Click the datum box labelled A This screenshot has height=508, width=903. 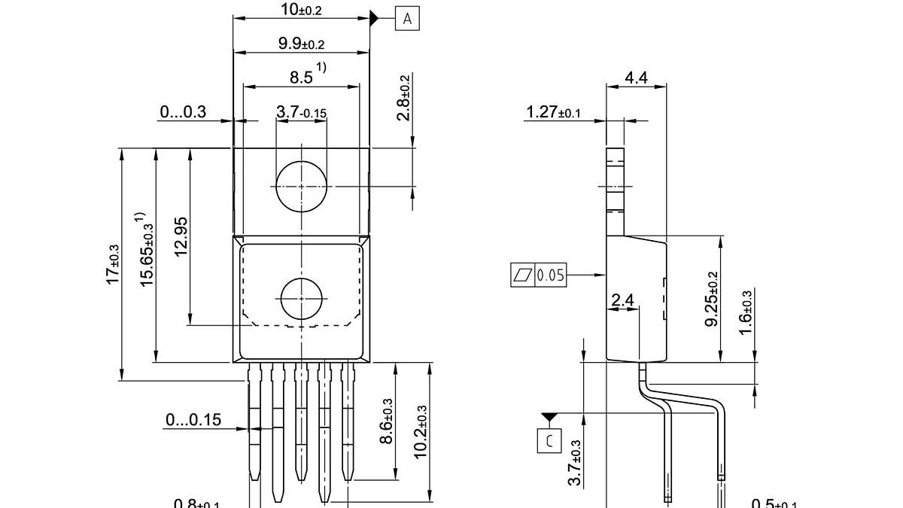point(407,19)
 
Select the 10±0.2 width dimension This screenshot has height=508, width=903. point(301,10)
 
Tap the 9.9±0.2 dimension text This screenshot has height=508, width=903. point(301,44)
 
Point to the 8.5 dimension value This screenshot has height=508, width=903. point(301,77)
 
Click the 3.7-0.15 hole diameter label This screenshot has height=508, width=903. point(301,113)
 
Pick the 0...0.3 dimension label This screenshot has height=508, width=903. point(183,112)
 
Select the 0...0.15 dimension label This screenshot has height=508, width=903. point(193,420)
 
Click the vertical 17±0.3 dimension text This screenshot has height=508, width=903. point(113,264)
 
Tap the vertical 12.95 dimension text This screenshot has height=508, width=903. point(181,236)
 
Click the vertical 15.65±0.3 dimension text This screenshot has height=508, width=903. point(147,248)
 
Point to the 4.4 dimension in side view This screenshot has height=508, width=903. point(636,77)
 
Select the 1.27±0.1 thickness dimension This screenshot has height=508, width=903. point(554,112)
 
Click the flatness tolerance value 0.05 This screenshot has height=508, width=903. point(550,275)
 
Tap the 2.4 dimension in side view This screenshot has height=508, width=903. point(623,301)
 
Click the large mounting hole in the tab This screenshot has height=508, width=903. point(301,186)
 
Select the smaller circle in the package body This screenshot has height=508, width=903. point(301,299)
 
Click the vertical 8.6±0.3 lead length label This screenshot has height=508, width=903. point(387,421)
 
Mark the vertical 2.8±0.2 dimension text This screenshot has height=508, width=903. point(404,98)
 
